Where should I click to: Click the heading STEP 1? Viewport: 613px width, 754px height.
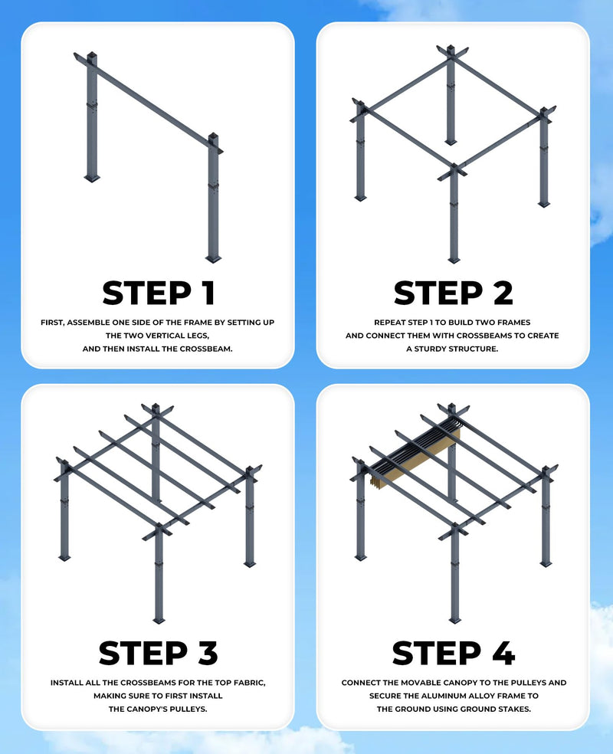coord(158,293)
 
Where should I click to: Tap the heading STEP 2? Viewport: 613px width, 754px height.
coord(453,293)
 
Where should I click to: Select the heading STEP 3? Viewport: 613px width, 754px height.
coord(158,653)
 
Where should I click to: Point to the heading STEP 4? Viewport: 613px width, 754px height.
coord(453,653)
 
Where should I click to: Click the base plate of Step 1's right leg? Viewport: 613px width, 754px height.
coord(213,259)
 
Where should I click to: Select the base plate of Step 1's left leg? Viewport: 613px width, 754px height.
coord(92,179)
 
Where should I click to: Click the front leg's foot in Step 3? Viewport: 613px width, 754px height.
coord(159,620)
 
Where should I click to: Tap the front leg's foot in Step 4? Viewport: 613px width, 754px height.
coord(454,619)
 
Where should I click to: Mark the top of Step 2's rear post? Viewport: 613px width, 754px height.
coord(451,50)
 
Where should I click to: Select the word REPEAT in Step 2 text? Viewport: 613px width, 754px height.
coord(391,323)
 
